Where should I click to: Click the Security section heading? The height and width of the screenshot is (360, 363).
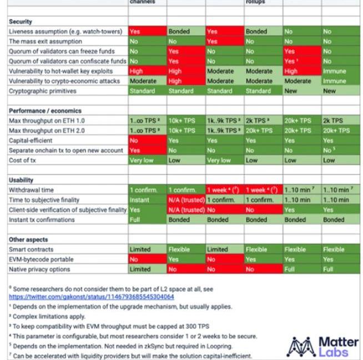pyautogui.click(x=21, y=22)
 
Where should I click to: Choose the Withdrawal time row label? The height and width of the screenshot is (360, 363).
pyautogui.click(x=31, y=190)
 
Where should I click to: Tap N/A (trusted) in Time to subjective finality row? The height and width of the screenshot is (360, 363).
pyautogui.click(x=185, y=200)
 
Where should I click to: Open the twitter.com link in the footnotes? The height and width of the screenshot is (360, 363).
pyautogui.click(x=91, y=297)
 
